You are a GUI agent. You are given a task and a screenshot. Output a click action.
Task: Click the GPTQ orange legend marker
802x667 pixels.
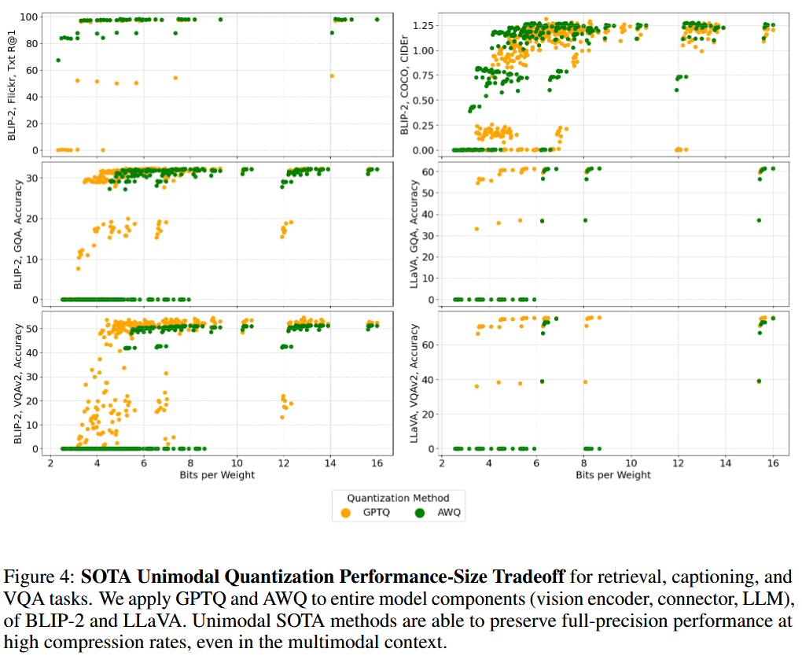click(346, 513)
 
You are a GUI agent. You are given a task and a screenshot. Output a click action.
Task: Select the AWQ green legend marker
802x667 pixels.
click(420, 513)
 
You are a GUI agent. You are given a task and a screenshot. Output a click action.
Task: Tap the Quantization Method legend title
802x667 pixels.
click(398, 498)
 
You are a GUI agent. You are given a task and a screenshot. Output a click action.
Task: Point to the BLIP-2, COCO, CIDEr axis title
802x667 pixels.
click(404, 85)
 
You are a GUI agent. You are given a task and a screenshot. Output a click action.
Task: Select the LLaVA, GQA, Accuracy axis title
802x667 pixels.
click(414, 234)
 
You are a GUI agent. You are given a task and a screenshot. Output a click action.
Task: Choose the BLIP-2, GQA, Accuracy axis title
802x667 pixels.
click(18, 234)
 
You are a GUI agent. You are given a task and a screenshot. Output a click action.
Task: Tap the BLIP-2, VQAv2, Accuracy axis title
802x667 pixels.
click(18, 383)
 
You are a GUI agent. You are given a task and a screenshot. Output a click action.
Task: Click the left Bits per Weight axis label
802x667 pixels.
click(217, 475)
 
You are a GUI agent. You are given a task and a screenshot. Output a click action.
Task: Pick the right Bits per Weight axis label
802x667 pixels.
click(613, 475)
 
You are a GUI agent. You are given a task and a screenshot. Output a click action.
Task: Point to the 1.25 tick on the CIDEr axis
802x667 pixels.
click(423, 26)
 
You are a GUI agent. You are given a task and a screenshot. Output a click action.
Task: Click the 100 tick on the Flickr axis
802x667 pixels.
click(29, 17)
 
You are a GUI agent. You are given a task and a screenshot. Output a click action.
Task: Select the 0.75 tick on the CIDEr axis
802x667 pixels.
click(423, 76)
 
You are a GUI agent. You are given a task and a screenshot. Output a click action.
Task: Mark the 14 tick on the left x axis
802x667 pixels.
click(330, 463)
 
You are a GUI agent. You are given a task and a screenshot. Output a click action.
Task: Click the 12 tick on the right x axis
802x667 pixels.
click(679, 463)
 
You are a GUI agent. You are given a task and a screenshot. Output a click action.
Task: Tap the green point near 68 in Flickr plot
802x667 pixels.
click(58, 61)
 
